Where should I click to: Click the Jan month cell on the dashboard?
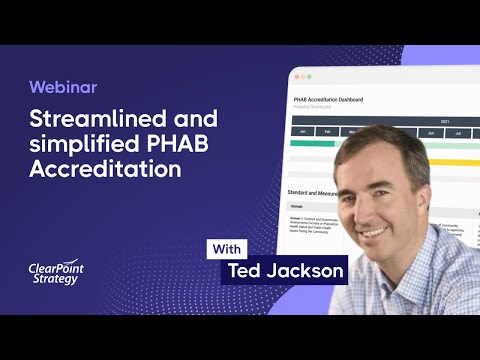[301, 130]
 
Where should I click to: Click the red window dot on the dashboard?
[297, 77]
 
